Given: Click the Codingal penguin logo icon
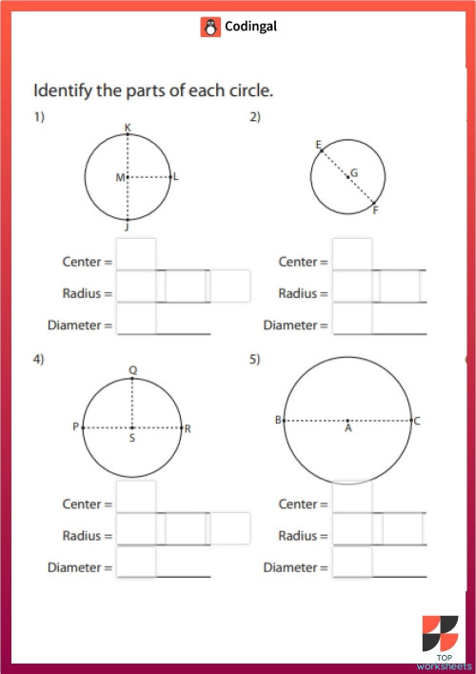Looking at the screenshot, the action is point(210,28).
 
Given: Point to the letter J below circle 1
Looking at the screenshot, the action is point(128,228).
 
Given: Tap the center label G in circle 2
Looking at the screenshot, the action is point(354,173).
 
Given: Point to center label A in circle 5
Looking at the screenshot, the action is point(348,429).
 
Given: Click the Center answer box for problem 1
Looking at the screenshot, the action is point(136,255).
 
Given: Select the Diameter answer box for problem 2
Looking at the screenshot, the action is point(352,320).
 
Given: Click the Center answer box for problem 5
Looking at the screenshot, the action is point(352,498).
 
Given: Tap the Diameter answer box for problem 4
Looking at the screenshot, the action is point(136,563).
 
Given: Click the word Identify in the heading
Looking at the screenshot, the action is point(62,92).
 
